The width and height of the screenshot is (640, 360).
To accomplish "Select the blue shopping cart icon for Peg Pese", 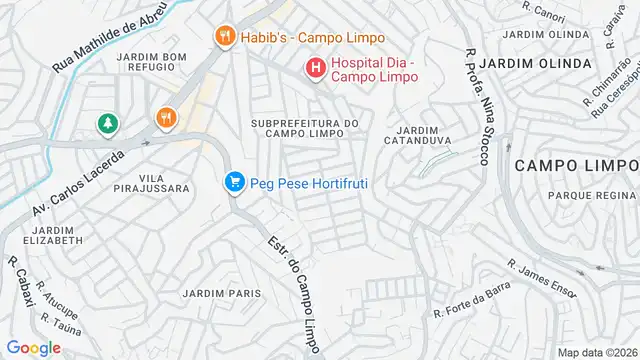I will [235, 182].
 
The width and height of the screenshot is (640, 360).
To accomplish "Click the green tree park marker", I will [107, 124].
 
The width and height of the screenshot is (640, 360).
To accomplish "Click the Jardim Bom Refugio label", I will [152, 63].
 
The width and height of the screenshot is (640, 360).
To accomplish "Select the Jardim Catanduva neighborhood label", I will [418, 136].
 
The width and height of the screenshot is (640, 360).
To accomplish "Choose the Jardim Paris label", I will [221, 293].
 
